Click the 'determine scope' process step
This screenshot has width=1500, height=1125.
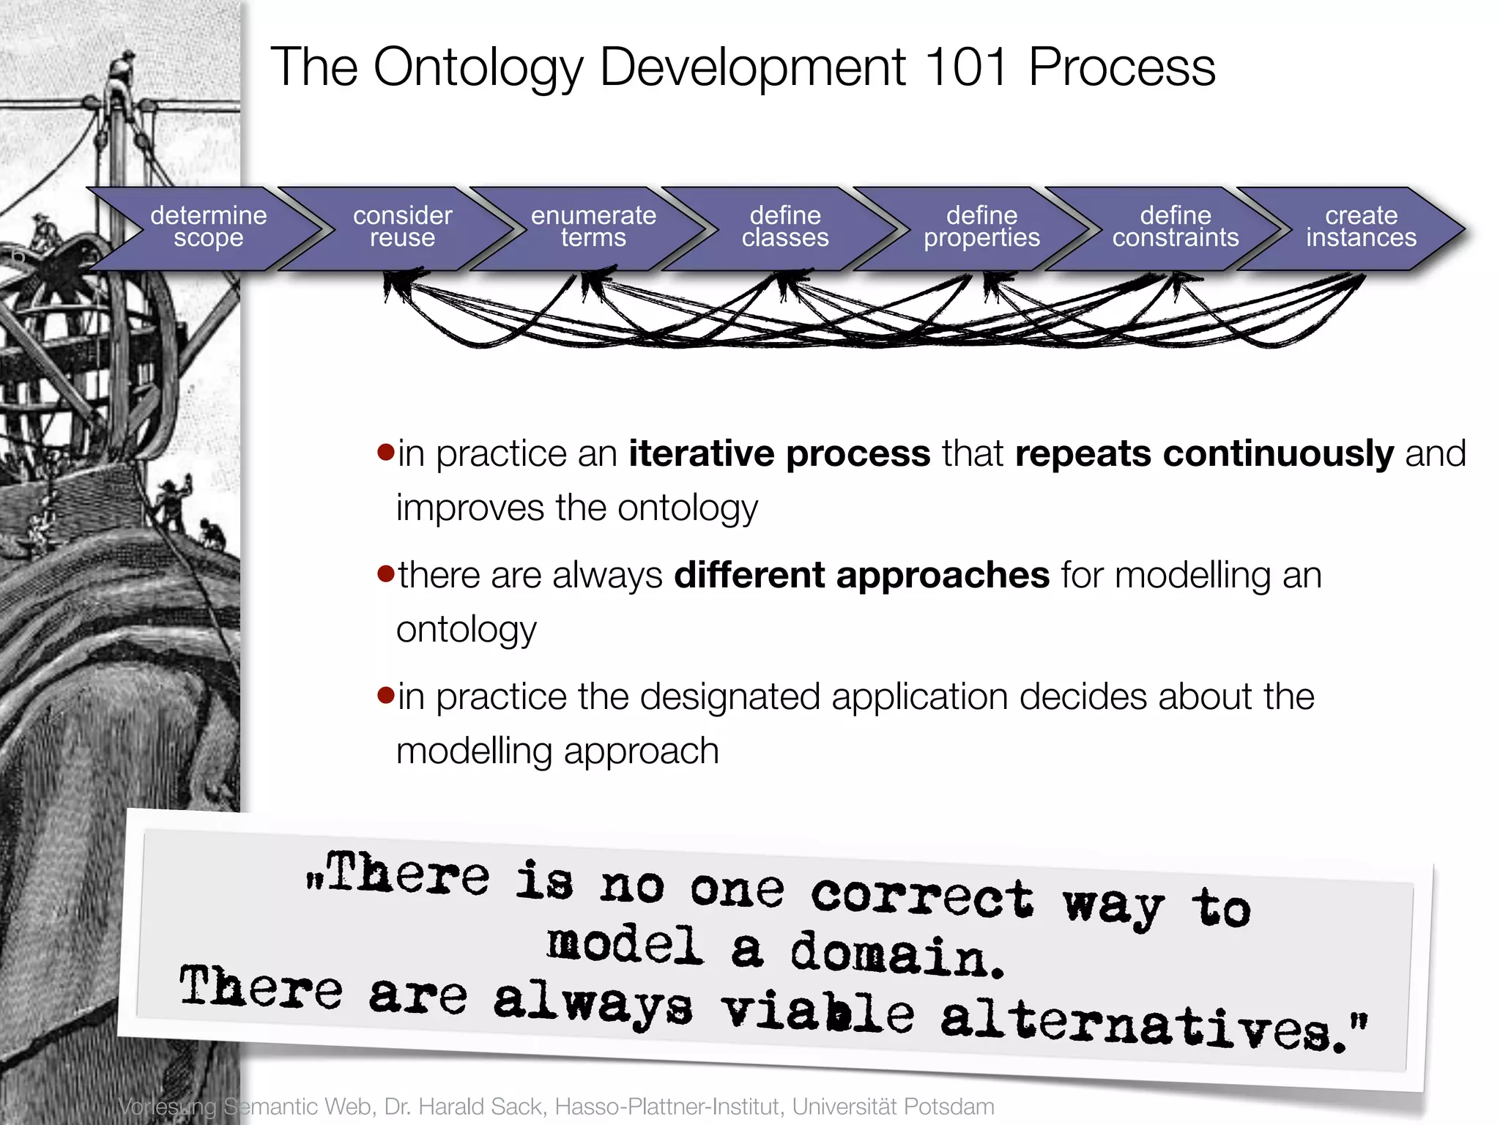coord(209,228)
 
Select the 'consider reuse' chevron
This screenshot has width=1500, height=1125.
coord(402,228)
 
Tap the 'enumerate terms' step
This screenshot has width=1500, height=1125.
coord(593,228)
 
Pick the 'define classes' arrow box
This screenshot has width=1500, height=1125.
coord(785,228)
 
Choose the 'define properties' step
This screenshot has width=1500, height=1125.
coord(981,228)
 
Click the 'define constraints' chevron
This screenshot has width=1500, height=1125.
coord(1176,228)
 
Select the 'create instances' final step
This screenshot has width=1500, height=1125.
coord(1361,228)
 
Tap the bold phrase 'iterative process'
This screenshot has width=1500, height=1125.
coord(779,454)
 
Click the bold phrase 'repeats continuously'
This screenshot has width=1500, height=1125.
coord(1204,454)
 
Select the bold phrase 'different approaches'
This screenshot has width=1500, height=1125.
coord(861,576)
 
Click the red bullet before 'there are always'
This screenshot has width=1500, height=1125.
coord(385,573)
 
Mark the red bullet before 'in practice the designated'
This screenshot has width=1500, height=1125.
coord(385,694)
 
